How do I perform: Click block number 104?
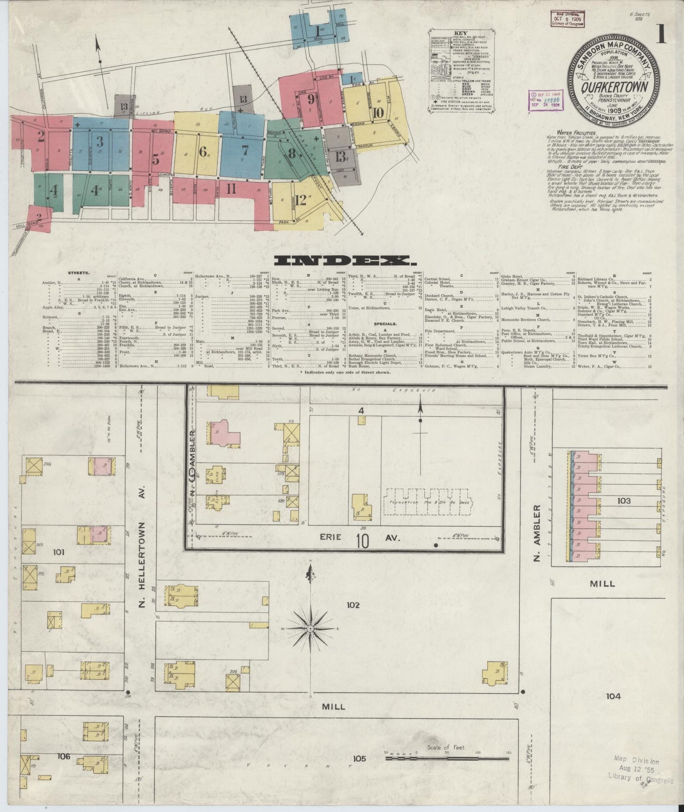click(x=612, y=696)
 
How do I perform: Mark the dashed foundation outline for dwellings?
click(x=428, y=501)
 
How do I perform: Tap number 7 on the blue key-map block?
click(x=244, y=150)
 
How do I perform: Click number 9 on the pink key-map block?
click(x=311, y=99)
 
